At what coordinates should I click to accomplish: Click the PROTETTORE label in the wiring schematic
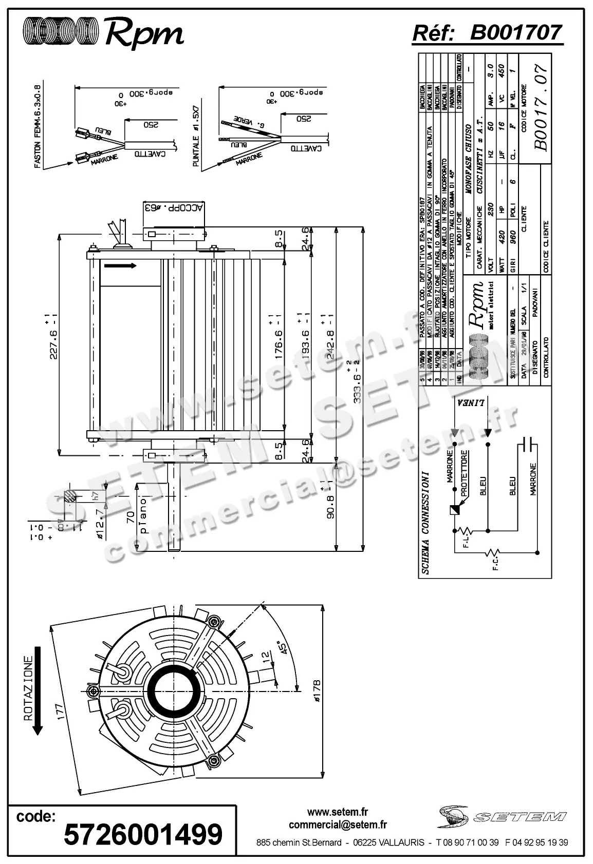coord(464,474)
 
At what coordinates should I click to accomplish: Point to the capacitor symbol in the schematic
coord(528,445)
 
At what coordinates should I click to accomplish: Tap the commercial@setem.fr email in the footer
coord(338,825)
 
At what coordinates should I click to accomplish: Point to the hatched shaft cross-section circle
coord(70,496)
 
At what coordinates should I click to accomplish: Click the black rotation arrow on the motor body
coord(120,265)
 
